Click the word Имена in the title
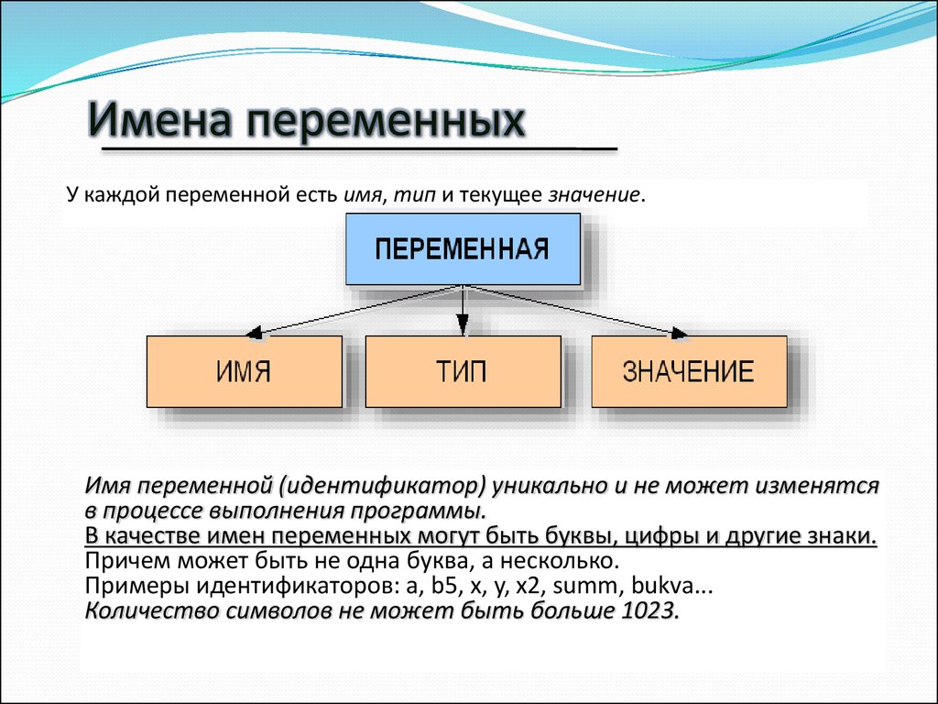[x=159, y=119]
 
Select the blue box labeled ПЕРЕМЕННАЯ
[x=463, y=249]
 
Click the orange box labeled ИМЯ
[x=244, y=371]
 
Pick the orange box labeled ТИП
[x=463, y=371]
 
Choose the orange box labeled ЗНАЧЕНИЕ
[x=689, y=371]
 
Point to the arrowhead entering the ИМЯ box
[x=255, y=333]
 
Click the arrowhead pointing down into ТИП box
[x=463, y=325]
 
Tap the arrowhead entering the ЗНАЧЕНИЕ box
[x=679, y=333]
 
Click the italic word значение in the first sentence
[x=594, y=195]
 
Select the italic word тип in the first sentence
[x=415, y=195]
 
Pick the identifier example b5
[x=444, y=585]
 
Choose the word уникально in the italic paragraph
[x=550, y=486]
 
